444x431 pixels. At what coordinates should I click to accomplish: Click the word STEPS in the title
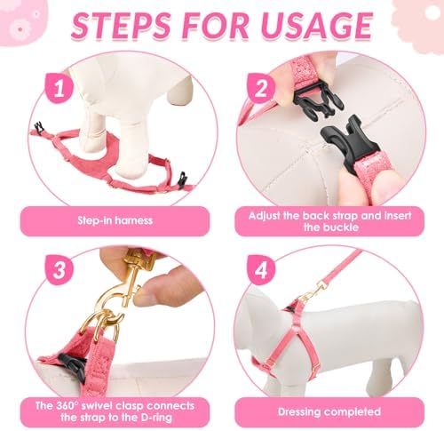[x=121, y=26]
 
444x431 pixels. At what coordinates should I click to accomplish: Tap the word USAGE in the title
[x=316, y=26]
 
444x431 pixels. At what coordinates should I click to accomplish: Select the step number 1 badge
[x=59, y=88]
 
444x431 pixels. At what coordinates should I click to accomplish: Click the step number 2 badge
[x=261, y=88]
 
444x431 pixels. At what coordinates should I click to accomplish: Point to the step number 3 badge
[x=59, y=270]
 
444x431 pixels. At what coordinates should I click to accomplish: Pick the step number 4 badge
[x=261, y=270]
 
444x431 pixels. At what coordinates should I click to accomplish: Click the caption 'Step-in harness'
[x=115, y=220]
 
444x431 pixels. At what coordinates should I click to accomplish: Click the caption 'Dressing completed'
[x=329, y=411]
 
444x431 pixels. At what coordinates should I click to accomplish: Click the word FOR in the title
[x=215, y=26]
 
